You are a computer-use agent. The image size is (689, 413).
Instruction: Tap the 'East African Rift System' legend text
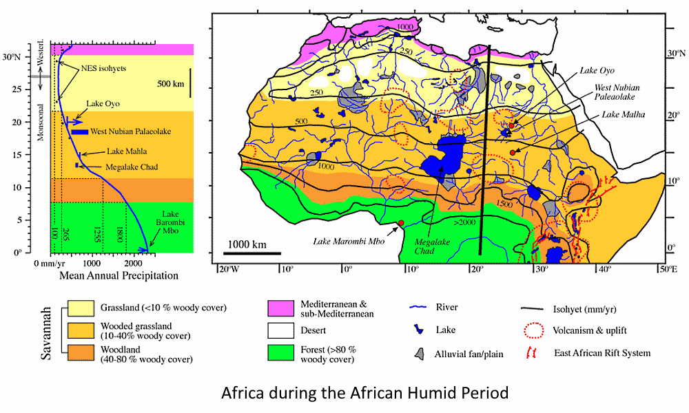pos(602,353)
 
